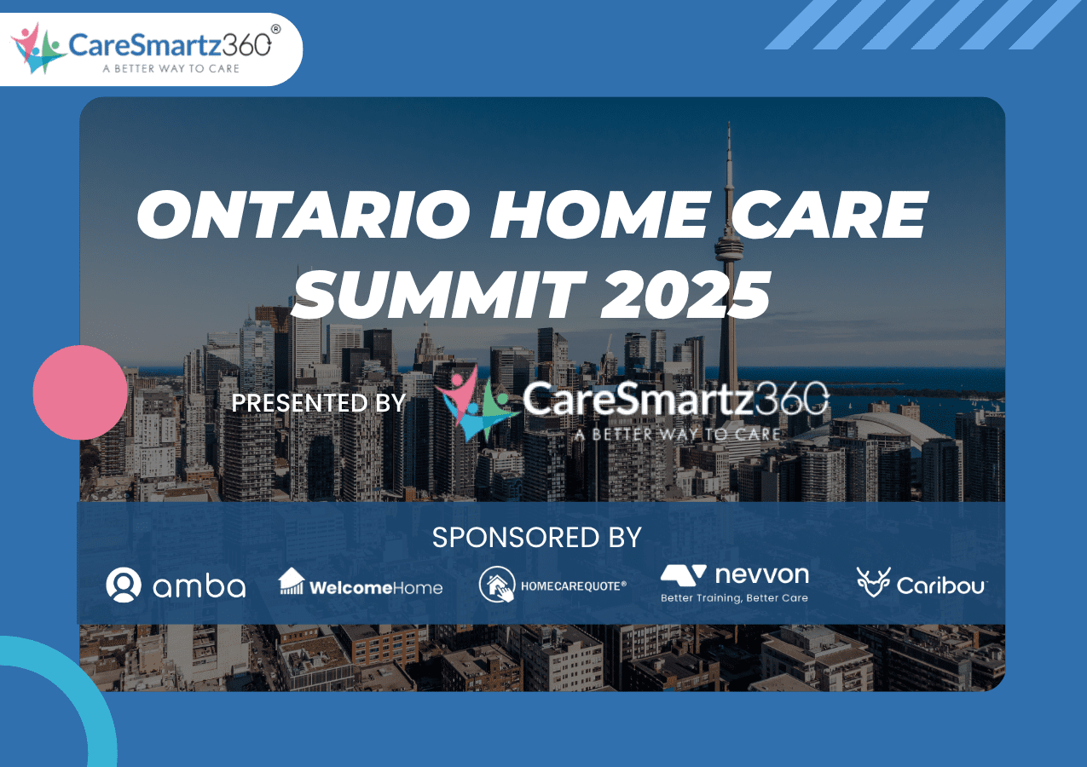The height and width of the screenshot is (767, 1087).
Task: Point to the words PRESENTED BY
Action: [319, 402]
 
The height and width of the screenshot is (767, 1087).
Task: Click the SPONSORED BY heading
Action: [536, 538]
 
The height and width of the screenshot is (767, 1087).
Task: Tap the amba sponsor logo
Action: [176, 585]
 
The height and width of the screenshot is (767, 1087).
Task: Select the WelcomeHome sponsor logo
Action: [361, 584]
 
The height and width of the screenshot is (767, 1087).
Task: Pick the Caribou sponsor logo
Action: [922, 584]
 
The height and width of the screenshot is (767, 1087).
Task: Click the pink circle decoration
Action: [80, 392]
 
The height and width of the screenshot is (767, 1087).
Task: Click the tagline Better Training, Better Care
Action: [734, 598]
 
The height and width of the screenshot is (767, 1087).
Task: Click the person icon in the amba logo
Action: [124, 585]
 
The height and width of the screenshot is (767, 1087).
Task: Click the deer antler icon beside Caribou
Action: [873, 583]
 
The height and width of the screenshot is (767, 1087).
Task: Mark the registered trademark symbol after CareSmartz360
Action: [275, 29]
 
